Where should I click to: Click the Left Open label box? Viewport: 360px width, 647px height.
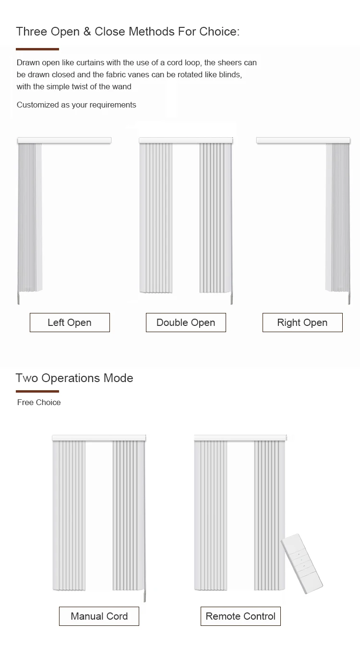point(70,323)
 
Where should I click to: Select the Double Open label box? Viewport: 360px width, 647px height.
point(186,323)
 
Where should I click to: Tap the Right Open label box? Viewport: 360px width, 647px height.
point(302,323)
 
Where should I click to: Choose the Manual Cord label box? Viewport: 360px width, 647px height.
point(99,616)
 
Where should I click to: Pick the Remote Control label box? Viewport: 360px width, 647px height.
point(240,616)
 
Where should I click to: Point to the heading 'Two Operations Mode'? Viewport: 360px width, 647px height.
point(74,378)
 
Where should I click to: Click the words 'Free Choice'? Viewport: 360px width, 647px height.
point(39,402)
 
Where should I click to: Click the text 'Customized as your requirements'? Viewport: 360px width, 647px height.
point(76,105)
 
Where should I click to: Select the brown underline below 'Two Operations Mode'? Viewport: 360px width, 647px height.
point(37,392)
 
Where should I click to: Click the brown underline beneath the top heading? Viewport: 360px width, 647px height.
point(37,49)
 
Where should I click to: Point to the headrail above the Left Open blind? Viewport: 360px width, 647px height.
point(64,140)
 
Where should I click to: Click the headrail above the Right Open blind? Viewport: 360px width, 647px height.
point(303,140)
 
